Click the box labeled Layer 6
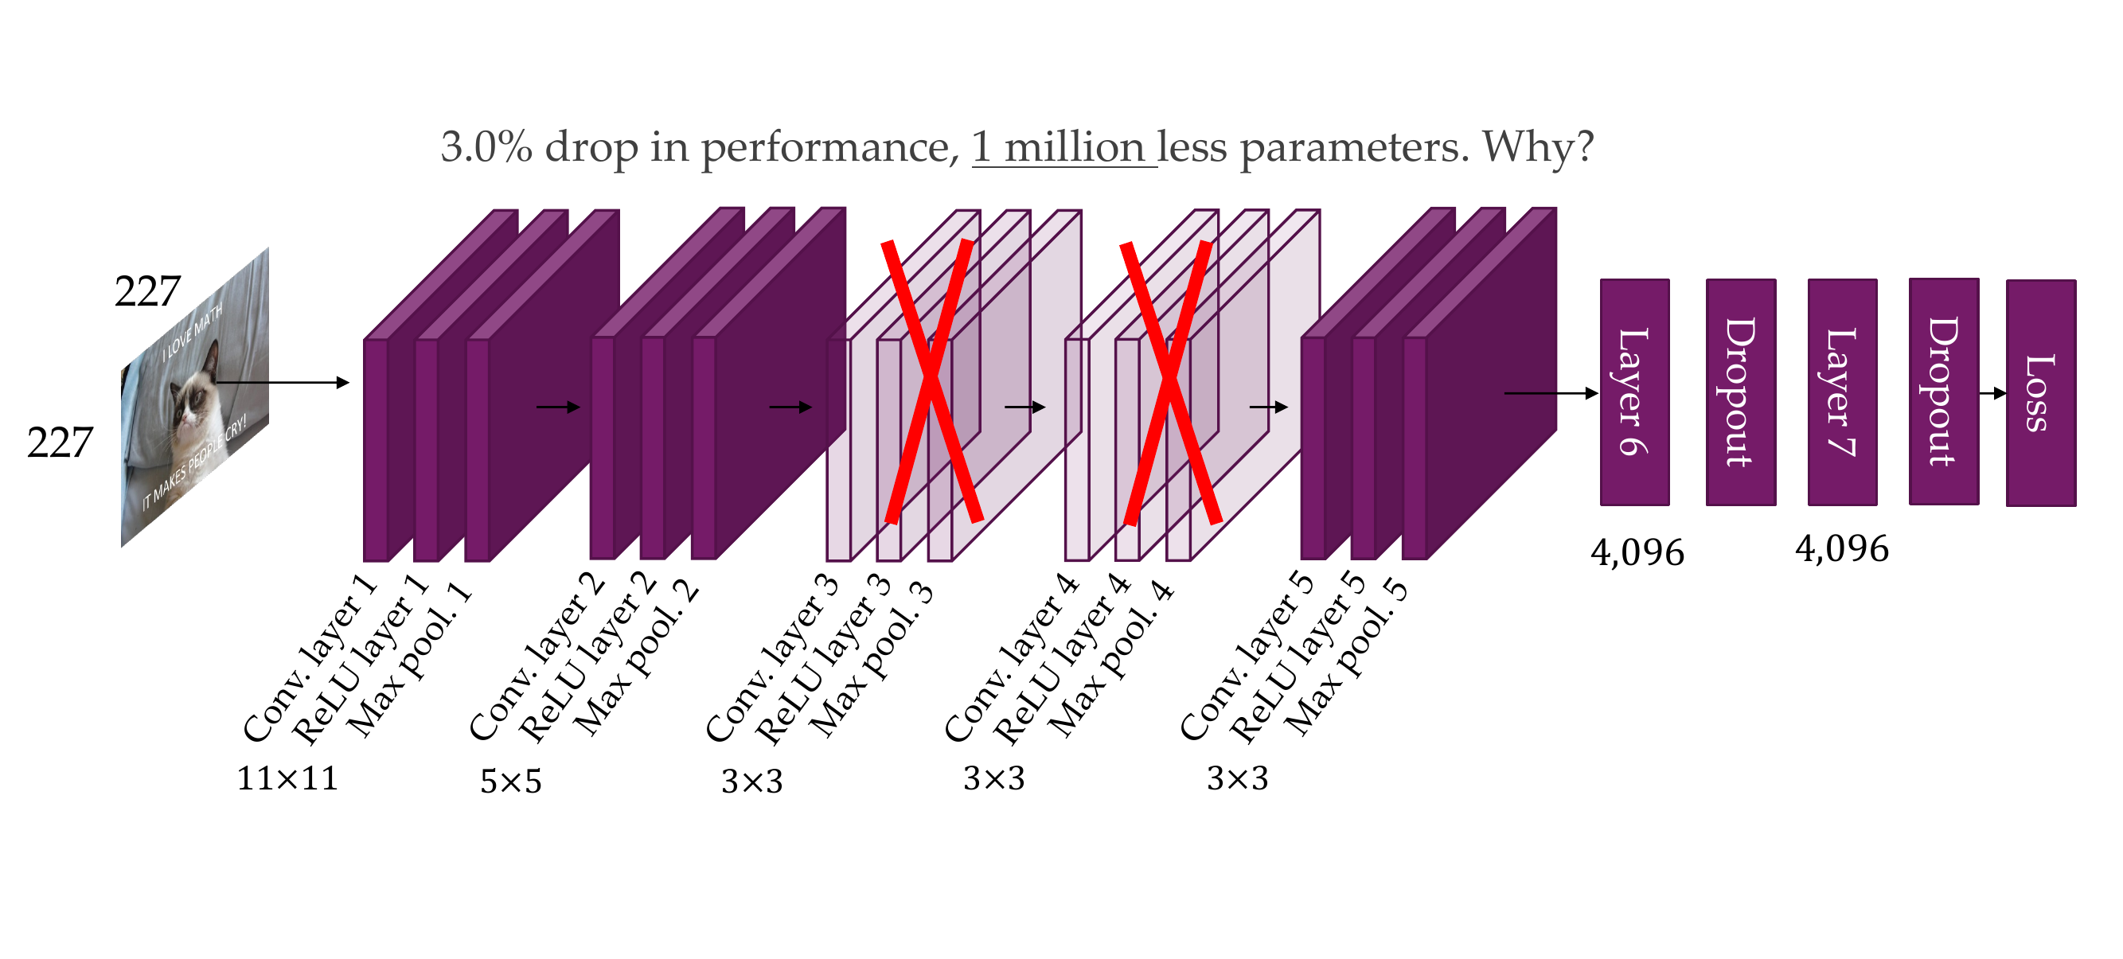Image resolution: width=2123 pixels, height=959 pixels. [x=1633, y=392]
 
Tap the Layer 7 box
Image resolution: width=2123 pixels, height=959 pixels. [x=1841, y=392]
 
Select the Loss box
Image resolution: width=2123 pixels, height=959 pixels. [x=2039, y=393]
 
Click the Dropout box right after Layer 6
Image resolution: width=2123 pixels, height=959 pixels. [x=1740, y=392]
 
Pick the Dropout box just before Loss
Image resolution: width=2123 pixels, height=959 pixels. [x=1943, y=392]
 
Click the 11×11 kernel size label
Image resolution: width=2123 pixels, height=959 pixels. [x=287, y=778]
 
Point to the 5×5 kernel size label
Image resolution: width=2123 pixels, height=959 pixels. [x=511, y=781]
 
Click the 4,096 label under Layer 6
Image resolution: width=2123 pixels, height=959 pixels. [x=1637, y=553]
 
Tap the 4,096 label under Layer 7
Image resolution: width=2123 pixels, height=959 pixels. [x=1841, y=549]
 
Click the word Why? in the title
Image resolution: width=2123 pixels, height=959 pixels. [x=1538, y=147]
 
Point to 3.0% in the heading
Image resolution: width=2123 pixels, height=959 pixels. [x=486, y=147]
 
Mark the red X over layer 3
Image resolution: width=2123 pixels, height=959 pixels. [x=931, y=380]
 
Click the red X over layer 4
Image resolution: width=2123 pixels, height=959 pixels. [x=1169, y=382]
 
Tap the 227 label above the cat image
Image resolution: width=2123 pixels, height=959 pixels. [x=146, y=291]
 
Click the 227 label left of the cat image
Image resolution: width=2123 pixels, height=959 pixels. [x=60, y=442]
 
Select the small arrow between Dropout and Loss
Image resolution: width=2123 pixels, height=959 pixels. [x=1992, y=393]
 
